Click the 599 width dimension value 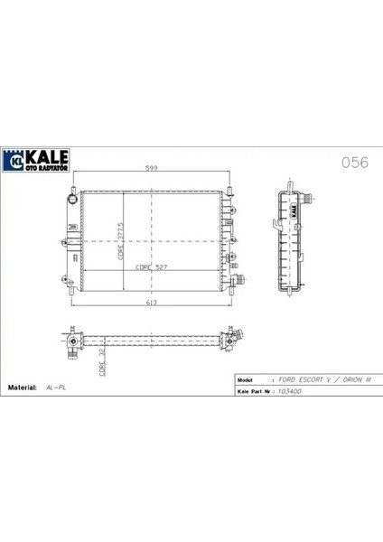pos(152,168)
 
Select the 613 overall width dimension pos(152,303)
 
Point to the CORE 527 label pos(152,267)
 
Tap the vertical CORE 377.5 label pos(121,241)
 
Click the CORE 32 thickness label pos(102,362)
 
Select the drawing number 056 pos(355,163)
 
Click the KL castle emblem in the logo pos(14,161)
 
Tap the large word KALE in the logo pos(47,157)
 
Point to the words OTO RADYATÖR pos(46,168)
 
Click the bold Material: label pos(22,388)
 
